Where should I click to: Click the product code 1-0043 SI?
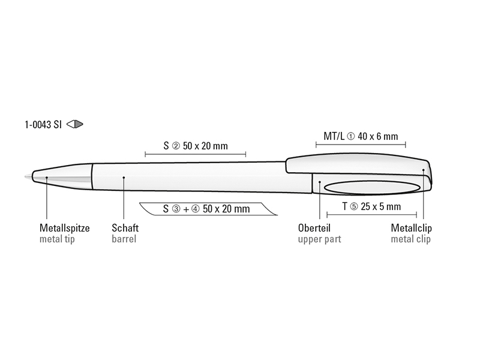click(x=43, y=125)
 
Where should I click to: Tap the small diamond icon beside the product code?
click(x=75, y=125)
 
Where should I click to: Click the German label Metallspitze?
click(x=64, y=228)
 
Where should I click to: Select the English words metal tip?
click(x=58, y=239)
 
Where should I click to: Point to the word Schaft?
click(x=125, y=228)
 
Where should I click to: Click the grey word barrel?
click(x=124, y=239)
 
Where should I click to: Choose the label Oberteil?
click(x=314, y=228)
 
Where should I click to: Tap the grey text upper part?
click(x=319, y=239)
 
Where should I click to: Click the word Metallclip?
click(x=411, y=228)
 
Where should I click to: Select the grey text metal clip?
click(x=411, y=239)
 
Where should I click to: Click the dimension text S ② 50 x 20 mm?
click(x=195, y=146)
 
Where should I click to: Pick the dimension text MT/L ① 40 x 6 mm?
click(x=361, y=136)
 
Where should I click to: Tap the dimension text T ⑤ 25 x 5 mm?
click(x=371, y=206)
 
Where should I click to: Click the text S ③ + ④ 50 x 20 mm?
click(x=206, y=209)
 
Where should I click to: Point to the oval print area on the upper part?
click(x=371, y=187)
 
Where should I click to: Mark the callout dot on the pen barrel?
click(x=123, y=177)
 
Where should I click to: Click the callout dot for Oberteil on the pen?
click(x=320, y=182)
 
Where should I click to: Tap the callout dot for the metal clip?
click(x=424, y=171)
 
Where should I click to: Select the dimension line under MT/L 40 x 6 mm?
click(x=361, y=145)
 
